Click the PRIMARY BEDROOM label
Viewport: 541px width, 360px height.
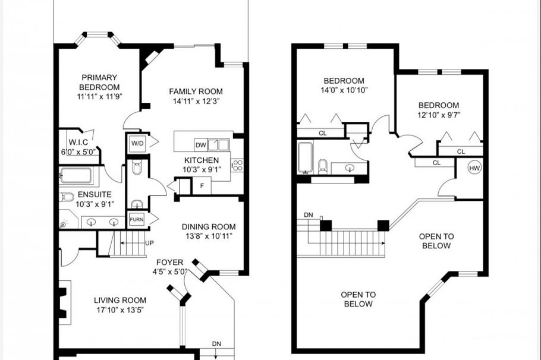pos(99,82)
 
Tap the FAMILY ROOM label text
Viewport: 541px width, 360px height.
pos(196,91)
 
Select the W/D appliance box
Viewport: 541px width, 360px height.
pos(137,143)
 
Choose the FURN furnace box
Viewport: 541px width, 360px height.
pos(137,219)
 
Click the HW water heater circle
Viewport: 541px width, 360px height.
pos(474,168)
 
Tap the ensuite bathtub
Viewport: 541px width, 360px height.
pos(76,176)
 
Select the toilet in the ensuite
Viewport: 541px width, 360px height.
pos(67,197)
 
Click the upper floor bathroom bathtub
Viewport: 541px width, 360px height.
pos(305,157)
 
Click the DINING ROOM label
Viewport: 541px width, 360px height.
pos(208,226)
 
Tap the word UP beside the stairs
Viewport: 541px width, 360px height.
pos(150,243)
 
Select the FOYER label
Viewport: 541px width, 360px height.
pos(169,262)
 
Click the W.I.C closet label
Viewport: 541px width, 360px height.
pos(78,142)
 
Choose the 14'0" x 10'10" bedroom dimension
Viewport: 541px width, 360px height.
pos(344,90)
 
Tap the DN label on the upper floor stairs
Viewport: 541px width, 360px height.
pos(308,215)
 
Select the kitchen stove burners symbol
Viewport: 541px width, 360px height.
pos(237,165)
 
